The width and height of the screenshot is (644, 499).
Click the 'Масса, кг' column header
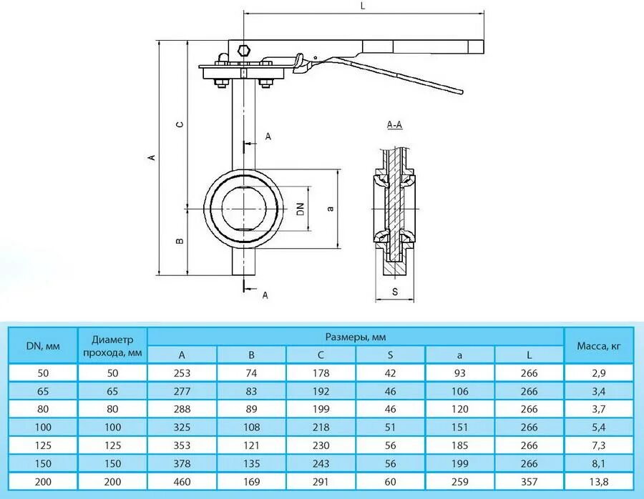pyautogui.click(x=599, y=346)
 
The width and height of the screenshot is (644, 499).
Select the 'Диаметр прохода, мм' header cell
pyautogui.click(x=112, y=346)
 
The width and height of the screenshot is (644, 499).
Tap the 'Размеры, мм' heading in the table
pyautogui.click(x=356, y=336)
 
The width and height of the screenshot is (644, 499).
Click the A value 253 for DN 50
pyautogui.click(x=182, y=373)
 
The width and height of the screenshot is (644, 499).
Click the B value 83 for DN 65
pyautogui.click(x=251, y=392)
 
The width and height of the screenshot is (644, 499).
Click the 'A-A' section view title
pyautogui.click(x=394, y=125)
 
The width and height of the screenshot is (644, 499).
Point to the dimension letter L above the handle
pyautogui.click(x=363, y=6)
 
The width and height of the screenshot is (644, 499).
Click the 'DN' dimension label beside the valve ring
pyautogui.click(x=301, y=209)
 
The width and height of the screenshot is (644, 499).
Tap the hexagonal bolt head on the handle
pyautogui.click(x=243, y=51)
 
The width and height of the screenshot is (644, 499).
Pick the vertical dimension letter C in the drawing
pyautogui.click(x=180, y=124)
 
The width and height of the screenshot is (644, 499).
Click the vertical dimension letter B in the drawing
pyautogui.click(x=180, y=241)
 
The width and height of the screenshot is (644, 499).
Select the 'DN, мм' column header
pyautogui.click(x=43, y=346)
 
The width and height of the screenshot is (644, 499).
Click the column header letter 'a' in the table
pyautogui.click(x=460, y=355)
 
